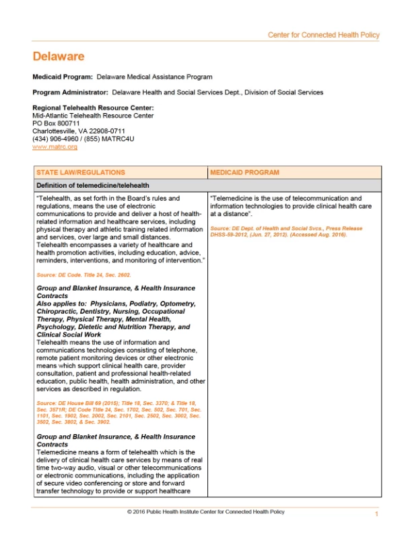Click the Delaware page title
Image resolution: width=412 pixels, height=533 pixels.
[59, 57]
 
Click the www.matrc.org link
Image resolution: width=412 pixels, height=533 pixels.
[55, 146]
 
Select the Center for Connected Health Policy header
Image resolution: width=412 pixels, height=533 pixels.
[323, 34]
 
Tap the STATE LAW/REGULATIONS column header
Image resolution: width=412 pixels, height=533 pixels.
[80, 173]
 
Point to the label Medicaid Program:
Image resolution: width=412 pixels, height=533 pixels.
[63, 77]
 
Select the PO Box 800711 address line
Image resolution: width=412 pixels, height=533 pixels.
[56, 123]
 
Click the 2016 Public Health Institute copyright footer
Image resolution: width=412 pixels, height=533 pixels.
[206, 512]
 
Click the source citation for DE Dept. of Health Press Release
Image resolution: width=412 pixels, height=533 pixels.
[286, 232]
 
